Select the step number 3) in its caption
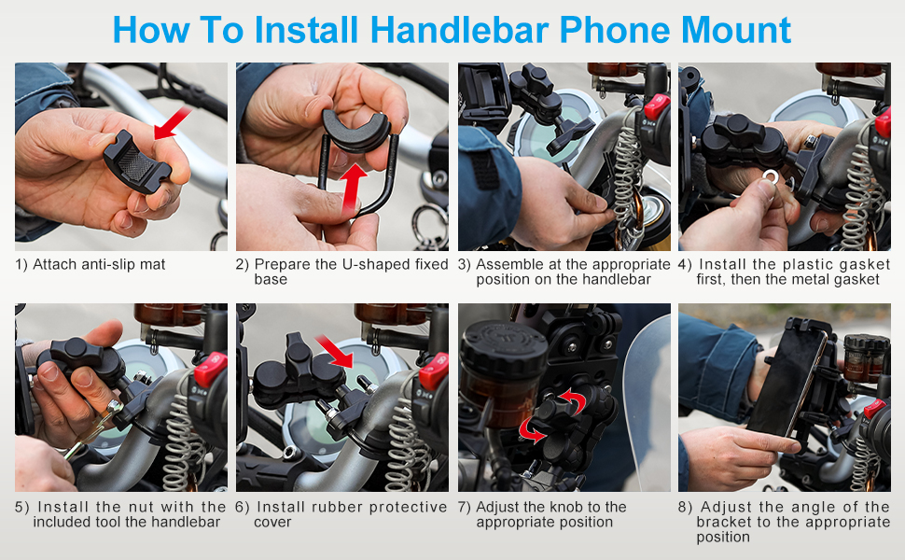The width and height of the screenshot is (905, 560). coord(465,264)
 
